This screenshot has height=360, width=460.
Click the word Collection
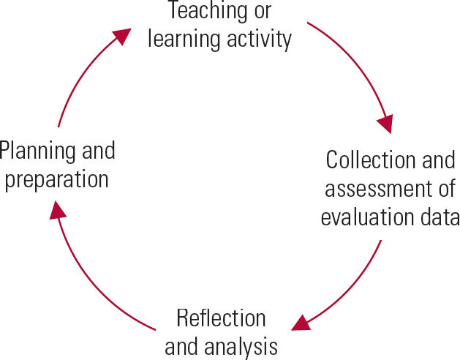click(x=363, y=160)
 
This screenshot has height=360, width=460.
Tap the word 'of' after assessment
click(x=446, y=188)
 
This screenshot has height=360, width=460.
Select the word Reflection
click(x=221, y=319)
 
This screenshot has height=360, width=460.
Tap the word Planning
click(x=35, y=152)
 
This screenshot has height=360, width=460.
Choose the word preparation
click(x=56, y=180)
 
